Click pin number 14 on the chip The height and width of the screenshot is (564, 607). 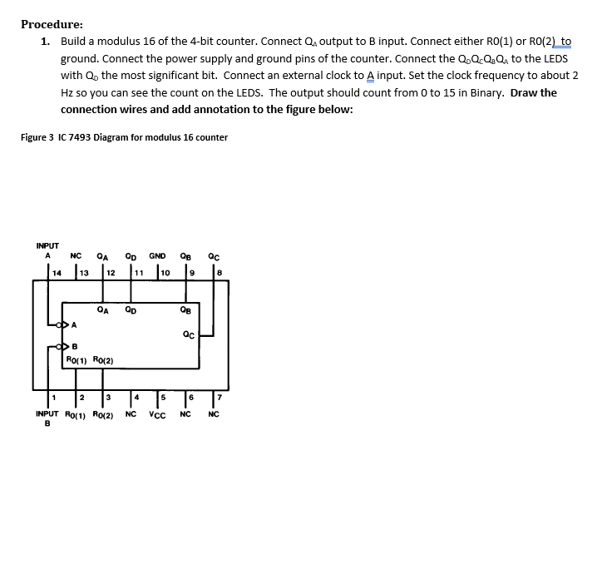(57, 272)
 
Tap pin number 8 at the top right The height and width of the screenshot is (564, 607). (219, 272)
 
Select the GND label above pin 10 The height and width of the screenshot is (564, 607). (157, 256)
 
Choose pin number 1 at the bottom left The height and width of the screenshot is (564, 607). (52, 396)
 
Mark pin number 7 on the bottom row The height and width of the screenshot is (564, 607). (219, 396)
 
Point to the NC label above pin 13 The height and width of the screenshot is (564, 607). (76, 256)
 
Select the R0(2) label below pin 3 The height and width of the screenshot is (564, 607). (103, 413)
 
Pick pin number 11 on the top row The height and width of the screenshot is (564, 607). (138, 272)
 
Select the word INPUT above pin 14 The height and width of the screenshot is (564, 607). (47, 245)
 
